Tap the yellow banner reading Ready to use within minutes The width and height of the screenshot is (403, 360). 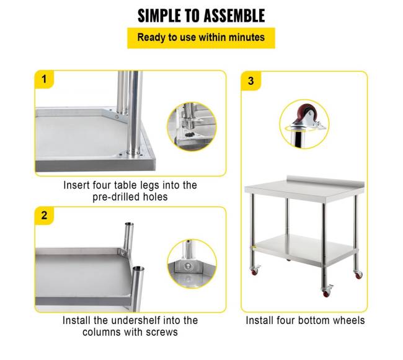(201, 38)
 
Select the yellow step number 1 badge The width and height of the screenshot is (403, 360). (44, 79)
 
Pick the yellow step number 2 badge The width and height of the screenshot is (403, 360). (44, 216)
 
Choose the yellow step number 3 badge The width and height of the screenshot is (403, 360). (251, 81)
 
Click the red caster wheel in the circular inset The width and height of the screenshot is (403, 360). (303, 112)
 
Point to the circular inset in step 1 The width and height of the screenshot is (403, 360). (192, 126)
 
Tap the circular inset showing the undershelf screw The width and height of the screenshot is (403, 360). (192, 264)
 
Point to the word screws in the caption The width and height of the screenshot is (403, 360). (162, 332)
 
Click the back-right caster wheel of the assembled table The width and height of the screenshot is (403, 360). (358, 274)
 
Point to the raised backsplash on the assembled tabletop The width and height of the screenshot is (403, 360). (325, 180)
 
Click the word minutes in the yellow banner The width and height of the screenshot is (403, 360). (247, 38)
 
